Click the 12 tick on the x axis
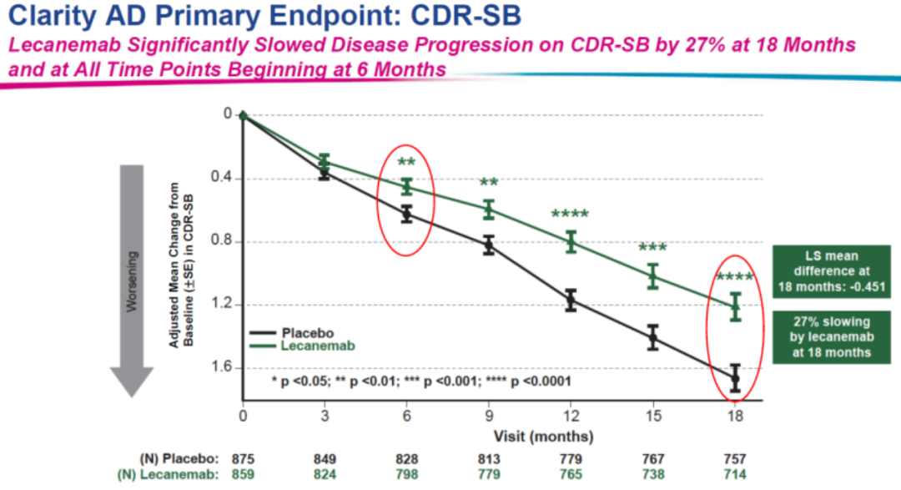point(571,416)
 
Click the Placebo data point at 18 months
point(735,378)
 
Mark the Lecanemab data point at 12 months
point(571,241)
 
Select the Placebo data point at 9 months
point(489,245)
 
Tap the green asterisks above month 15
point(652,248)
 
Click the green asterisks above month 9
point(489,184)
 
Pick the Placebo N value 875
point(243,458)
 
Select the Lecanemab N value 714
point(735,473)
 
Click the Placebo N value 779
point(571,458)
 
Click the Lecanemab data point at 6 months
point(407,187)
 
